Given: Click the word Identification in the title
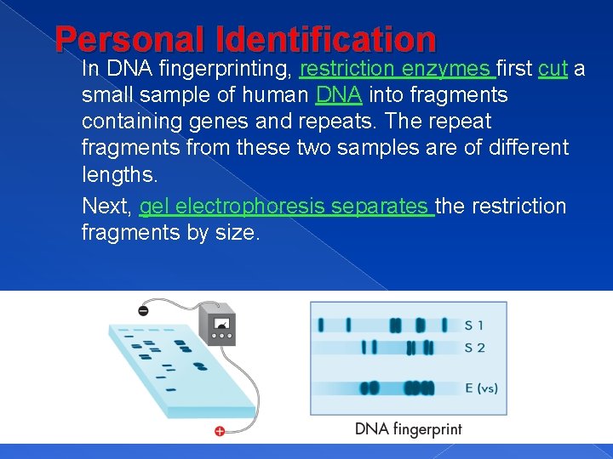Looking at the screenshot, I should tap(326, 40).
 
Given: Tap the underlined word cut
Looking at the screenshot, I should tap(553, 69).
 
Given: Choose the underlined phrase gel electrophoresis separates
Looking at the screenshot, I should tap(287, 207).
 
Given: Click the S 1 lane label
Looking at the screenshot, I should tap(474, 325).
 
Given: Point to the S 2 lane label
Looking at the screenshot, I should tap(475, 347).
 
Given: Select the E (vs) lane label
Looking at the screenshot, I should tap(481, 388).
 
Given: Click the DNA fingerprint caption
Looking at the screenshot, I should tap(409, 428).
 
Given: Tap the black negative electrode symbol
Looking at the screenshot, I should tap(142, 311).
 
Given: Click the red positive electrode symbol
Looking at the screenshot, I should tap(220, 432).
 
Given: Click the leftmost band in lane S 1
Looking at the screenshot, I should tap(321, 325).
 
